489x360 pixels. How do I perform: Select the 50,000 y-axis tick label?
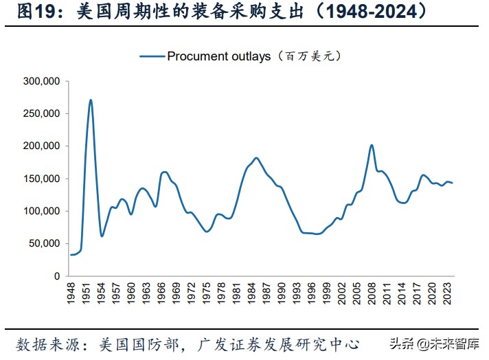click(46, 243)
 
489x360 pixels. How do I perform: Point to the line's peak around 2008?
click(372, 145)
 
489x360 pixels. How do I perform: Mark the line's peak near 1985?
click(256, 158)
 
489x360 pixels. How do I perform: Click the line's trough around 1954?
click(102, 236)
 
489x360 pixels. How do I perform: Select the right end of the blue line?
click(453, 183)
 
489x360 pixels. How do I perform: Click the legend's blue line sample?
click(152, 56)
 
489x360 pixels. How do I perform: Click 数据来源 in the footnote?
click(43, 344)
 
